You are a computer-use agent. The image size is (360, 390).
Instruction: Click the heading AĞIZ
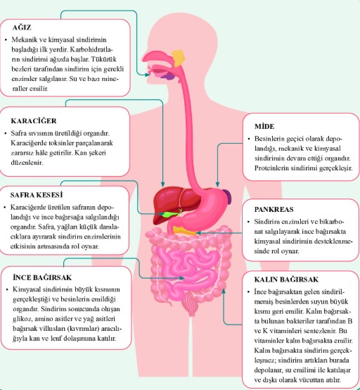(x=22, y=27)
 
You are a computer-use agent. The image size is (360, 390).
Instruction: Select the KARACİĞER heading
(x=34, y=121)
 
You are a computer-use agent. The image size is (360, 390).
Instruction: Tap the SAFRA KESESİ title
(x=37, y=195)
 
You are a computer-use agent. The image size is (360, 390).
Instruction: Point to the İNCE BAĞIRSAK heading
(x=42, y=277)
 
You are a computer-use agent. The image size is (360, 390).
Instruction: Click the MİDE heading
(x=264, y=126)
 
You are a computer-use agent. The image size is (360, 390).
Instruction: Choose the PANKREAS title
(x=274, y=209)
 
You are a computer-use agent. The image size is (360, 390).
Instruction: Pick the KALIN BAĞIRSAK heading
(x=286, y=279)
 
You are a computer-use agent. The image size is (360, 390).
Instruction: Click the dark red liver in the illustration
(x=174, y=201)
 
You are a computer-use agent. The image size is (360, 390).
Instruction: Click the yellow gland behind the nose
(x=179, y=58)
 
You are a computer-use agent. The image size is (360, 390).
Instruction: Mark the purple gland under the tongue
(x=169, y=77)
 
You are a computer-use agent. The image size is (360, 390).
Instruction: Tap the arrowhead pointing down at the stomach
(x=217, y=184)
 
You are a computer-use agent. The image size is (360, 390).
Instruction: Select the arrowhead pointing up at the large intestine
(x=224, y=291)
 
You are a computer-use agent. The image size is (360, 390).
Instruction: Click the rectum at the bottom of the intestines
(x=191, y=305)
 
